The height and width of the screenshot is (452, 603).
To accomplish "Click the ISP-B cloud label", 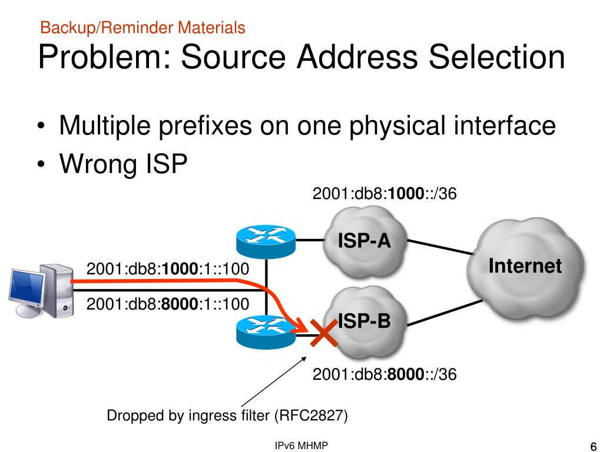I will [364, 321].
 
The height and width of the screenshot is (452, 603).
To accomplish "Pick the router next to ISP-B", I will [264, 331].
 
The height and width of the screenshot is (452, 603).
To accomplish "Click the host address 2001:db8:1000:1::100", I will [167, 270].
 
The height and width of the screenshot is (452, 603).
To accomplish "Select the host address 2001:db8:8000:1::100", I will [167, 304].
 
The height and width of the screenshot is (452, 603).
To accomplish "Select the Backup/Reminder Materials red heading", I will [143, 27].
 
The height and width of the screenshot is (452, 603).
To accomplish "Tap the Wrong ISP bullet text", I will [123, 164].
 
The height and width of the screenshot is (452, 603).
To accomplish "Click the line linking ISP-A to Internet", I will [441, 247].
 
